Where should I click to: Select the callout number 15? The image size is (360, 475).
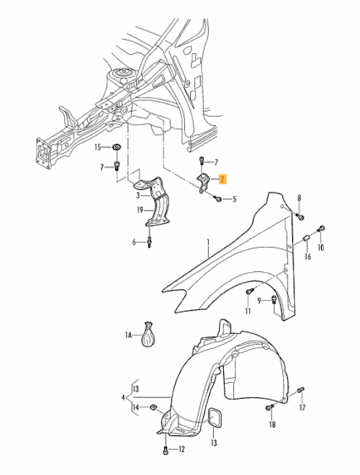coord(99,148)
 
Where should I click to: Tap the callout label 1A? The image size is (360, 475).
coord(129,335)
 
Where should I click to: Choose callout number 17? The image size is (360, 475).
coord(302,407)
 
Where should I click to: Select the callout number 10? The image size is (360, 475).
coord(321,248)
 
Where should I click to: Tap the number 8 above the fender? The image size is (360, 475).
coord(300,198)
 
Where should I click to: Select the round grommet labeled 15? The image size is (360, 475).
coord(116,148)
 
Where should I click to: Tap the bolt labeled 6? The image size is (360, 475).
coord(149,242)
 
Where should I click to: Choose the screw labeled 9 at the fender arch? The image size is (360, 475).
coord(274,301)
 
